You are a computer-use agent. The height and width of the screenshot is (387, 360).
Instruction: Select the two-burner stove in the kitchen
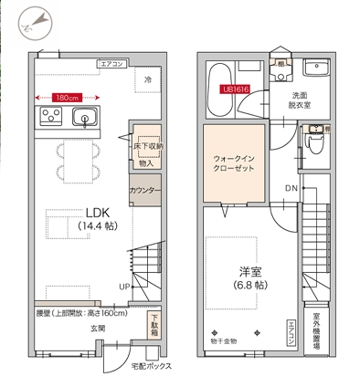tap(49, 116)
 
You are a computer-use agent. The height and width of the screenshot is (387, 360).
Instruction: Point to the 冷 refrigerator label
tap(147, 81)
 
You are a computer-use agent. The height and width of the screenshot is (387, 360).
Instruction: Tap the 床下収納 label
tap(148, 146)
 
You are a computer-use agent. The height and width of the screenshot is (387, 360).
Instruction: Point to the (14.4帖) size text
tap(97, 225)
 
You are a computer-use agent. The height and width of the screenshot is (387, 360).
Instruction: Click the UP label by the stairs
tap(123, 286)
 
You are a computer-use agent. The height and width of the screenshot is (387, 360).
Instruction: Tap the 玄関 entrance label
tap(97, 328)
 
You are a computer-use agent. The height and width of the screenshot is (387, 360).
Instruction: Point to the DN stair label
tap(291, 189)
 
